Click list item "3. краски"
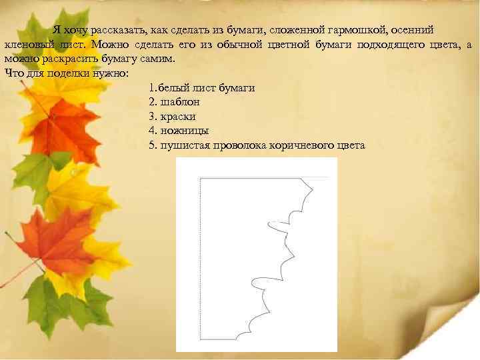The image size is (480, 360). [x=173, y=116]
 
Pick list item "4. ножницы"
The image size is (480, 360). [x=179, y=131]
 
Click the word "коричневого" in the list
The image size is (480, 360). [x=301, y=145]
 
